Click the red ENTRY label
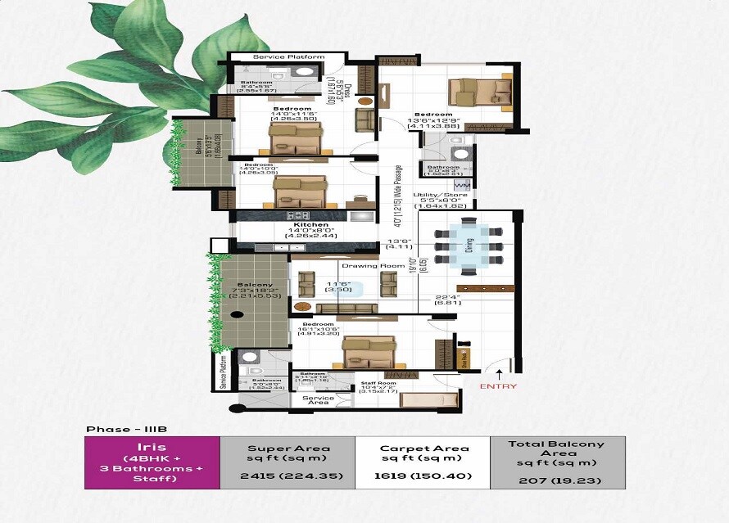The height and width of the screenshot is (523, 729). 498,386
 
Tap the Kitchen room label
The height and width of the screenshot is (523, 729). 311,225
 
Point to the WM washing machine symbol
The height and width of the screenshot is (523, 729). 461,187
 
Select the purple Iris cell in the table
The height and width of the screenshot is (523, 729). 152,462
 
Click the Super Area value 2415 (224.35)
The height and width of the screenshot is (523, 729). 288,477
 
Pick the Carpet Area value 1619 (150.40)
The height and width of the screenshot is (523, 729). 422,477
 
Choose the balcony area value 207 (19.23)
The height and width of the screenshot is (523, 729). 557,480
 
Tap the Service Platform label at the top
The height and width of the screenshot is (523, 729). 288,57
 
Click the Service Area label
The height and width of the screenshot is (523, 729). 318,400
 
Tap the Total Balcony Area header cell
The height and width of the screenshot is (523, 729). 557,453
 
